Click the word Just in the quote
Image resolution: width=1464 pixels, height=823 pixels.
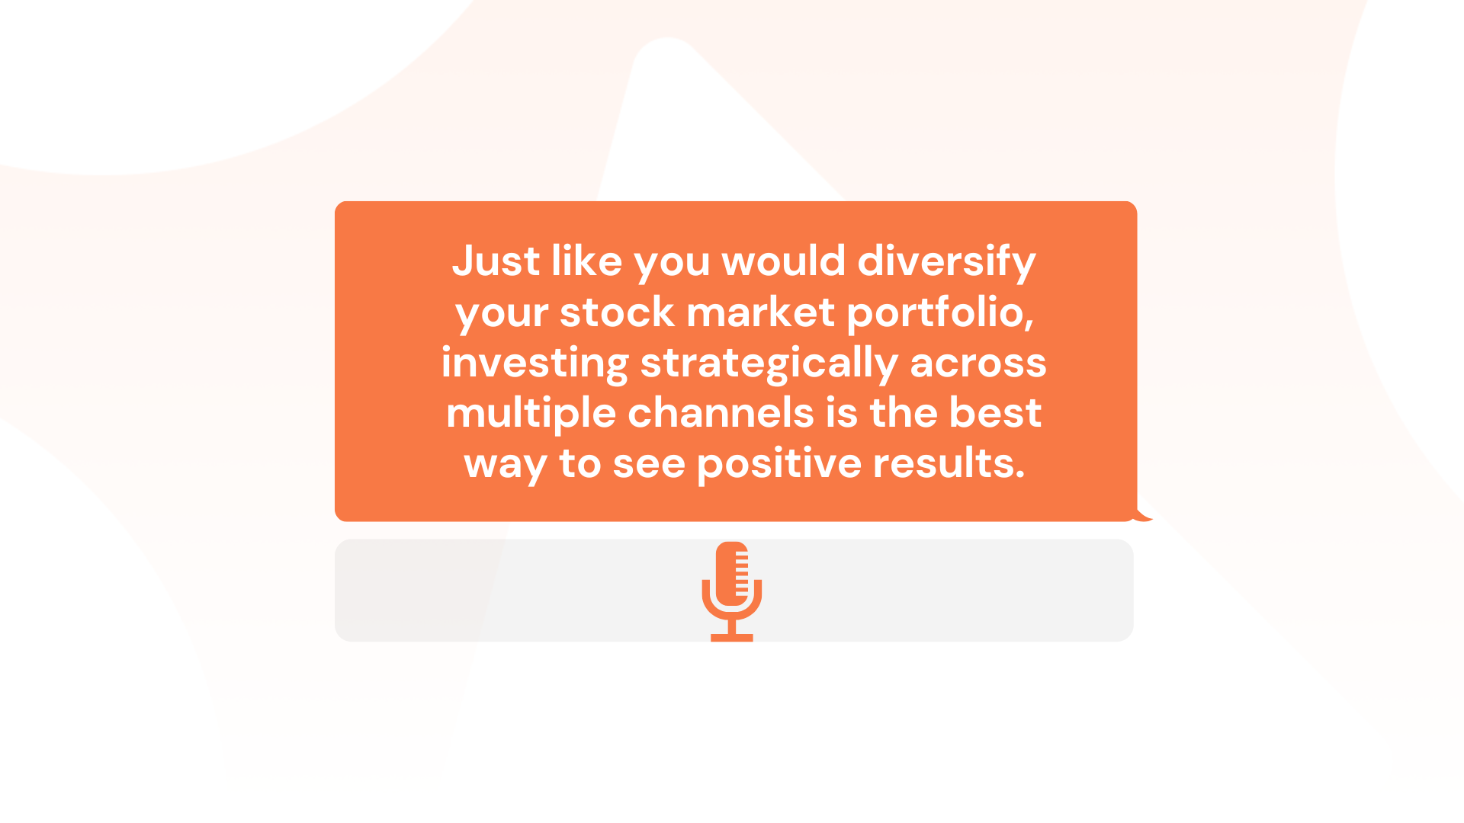point(496,261)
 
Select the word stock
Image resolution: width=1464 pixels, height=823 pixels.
point(618,312)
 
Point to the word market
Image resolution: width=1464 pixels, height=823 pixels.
point(761,312)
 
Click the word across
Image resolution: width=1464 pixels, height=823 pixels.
point(978,364)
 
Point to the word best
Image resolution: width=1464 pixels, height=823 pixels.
point(995,413)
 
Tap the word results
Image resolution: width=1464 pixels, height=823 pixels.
point(949,463)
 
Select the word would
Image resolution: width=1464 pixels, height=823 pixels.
point(784,261)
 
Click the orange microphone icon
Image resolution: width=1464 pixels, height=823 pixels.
point(732,591)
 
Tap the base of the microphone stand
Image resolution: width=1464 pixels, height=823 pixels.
point(732,638)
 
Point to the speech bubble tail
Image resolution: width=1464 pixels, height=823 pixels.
point(1143,515)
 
